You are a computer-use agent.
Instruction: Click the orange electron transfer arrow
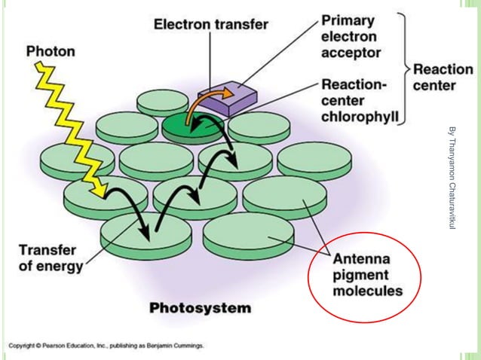coord(207,102)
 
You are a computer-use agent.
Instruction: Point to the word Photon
coord(51,52)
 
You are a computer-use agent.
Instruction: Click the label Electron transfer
coord(210,24)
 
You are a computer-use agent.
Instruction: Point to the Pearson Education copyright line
coord(106,345)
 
